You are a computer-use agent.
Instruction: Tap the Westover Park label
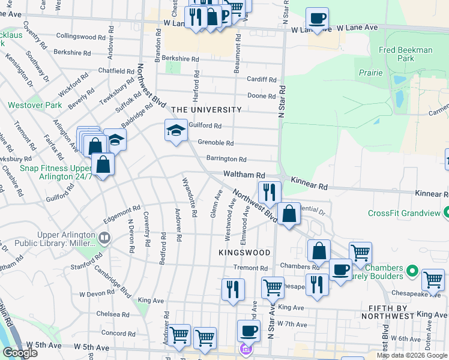tap(35, 105)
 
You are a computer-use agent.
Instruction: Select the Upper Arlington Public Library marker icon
tap(105, 238)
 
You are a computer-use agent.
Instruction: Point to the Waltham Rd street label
tap(244, 175)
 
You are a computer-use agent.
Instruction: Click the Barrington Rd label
tap(226, 160)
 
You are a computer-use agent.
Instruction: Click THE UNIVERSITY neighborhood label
tap(206, 110)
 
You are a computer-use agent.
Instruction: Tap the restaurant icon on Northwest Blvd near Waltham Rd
tap(270, 192)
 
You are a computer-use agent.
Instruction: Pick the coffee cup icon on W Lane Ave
tap(316, 18)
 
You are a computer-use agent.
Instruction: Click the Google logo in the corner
tap(20, 353)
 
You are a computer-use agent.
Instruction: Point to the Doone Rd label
tap(261, 96)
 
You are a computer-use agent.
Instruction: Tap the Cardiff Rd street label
tap(262, 79)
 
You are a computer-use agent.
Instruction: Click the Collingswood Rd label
tap(80, 36)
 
